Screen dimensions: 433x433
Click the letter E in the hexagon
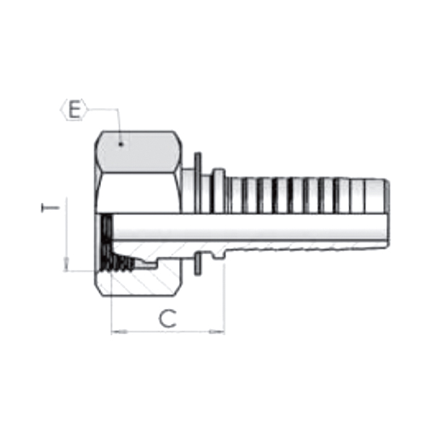click(x=74, y=110)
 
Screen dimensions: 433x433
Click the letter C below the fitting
click(x=167, y=318)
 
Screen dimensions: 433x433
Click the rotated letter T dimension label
click(x=50, y=208)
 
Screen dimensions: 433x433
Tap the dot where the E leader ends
click(x=121, y=144)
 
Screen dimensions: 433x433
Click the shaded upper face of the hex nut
click(x=138, y=152)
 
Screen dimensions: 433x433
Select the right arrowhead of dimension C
click(x=216, y=331)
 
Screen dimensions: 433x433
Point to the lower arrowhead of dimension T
click(x=66, y=264)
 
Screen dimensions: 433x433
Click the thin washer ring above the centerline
click(x=198, y=183)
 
